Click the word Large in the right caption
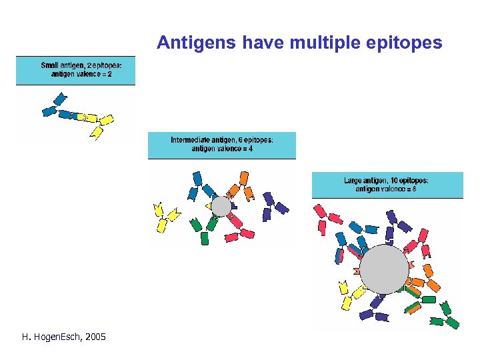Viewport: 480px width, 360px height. tap(353, 181)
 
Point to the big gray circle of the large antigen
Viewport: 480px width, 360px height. tap(383, 269)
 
